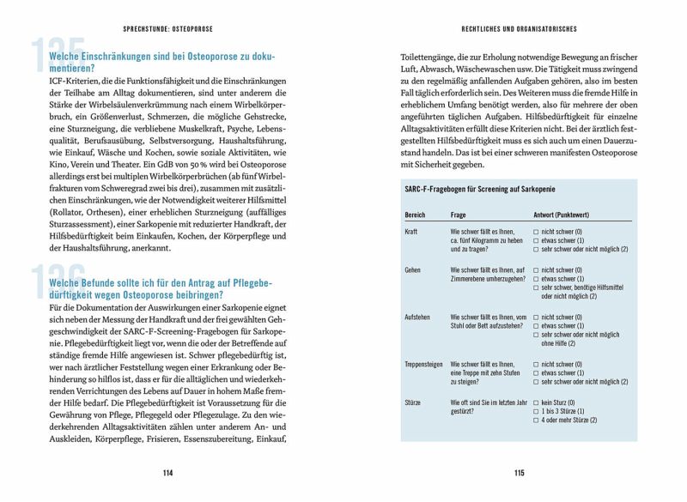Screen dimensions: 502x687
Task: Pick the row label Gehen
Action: click(x=413, y=270)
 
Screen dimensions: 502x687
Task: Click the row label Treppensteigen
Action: click(x=423, y=364)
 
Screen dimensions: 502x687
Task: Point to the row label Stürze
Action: click(x=413, y=402)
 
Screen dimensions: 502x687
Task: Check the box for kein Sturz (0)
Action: click(x=536, y=402)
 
